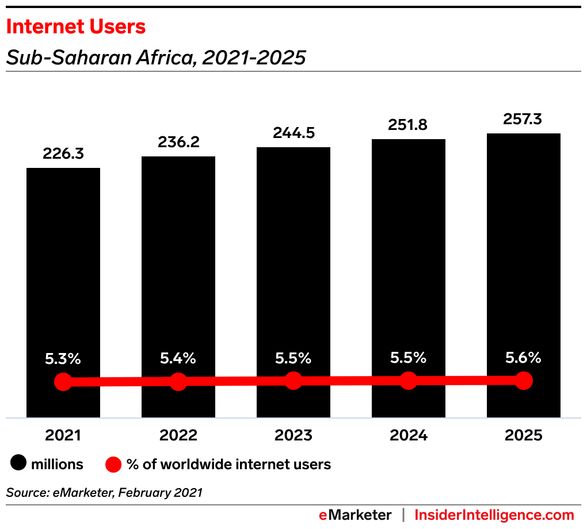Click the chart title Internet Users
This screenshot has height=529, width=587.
(75, 26)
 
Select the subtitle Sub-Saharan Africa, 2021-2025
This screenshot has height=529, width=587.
(155, 57)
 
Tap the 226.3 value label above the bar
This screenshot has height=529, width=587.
(63, 154)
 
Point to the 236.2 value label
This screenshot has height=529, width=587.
(178, 142)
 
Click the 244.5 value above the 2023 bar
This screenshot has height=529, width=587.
(293, 133)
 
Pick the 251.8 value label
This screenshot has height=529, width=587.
(409, 125)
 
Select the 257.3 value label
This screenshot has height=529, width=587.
(524, 119)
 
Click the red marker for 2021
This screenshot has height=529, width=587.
(63, 382)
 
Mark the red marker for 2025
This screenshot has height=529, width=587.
(524, 380)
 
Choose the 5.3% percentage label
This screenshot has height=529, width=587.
(63, 359)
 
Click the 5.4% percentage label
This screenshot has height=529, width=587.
(178, 359)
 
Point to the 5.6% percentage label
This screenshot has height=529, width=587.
(524, 358)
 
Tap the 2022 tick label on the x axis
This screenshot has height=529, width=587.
(178, 435)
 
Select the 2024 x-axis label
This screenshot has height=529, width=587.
(409, 435)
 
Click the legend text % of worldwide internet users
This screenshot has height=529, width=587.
(228, 464)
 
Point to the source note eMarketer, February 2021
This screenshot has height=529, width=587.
(104, 493)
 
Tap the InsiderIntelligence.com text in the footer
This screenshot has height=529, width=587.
(494, 515)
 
